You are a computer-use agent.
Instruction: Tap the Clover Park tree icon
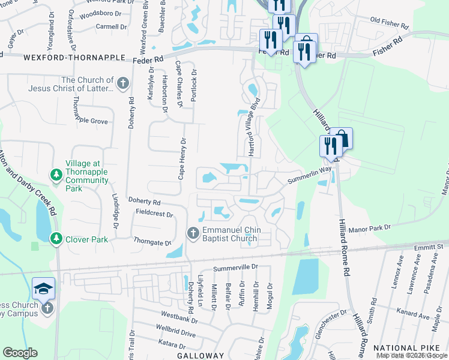(56, 239)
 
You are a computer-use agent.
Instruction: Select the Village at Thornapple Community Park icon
(56, 175)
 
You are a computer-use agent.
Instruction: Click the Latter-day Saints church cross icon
(123, 83)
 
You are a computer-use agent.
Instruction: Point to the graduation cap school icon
(43, 289)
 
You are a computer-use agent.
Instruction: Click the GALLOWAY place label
(200, 356)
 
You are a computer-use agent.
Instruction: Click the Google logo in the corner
(20, 353)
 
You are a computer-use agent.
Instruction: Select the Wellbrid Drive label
(175, 333)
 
